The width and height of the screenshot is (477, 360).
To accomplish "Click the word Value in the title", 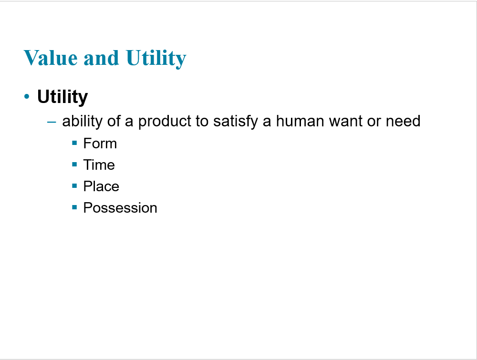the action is point(51,58).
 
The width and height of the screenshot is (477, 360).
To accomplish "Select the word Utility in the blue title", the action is point(156,59).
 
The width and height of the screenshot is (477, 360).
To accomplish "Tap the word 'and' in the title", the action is point(101,58).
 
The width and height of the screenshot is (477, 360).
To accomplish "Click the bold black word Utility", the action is point(62,97).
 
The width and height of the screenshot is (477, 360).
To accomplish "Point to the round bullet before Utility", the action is point(27,97).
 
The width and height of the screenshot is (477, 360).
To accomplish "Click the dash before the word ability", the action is point(52,122).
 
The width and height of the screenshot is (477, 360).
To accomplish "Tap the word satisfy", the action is point(236,121).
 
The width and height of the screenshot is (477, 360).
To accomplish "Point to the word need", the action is point(403,121).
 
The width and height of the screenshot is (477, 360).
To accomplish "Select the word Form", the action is point(100,143).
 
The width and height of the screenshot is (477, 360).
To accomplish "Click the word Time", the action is point(99,165).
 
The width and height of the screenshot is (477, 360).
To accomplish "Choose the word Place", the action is point(101,186).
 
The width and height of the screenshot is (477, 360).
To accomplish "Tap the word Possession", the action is point(120,208).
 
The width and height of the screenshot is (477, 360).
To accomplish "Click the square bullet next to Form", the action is point(74,143).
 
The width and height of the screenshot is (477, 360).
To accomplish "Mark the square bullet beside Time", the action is point(74,164).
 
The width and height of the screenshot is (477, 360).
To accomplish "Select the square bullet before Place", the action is point(74,186).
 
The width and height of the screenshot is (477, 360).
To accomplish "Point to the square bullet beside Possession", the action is point(74,207).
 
